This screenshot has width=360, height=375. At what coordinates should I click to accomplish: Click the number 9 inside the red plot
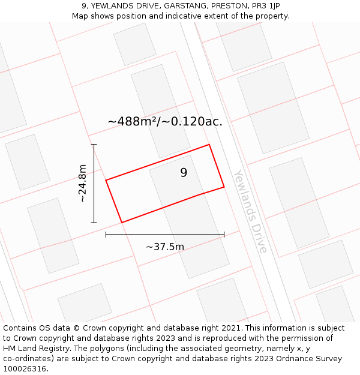(184, 173)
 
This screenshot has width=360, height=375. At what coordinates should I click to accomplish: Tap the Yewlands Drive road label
(250, 211)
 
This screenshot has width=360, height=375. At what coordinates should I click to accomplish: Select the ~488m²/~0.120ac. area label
(165, 121)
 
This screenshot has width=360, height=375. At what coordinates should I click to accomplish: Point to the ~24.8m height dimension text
(82, 183)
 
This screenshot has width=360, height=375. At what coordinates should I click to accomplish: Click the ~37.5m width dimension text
(165, 246)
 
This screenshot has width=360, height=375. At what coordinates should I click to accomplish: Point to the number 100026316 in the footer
(25, 369)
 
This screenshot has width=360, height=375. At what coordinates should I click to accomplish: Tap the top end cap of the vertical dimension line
(94, 145)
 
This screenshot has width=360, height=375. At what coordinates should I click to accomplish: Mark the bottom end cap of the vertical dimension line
(94, 223)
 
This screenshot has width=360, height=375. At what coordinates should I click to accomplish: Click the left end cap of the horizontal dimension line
(106, 235)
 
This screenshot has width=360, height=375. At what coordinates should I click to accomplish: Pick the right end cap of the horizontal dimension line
(224, 235)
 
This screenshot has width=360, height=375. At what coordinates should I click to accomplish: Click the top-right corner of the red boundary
(209, 145)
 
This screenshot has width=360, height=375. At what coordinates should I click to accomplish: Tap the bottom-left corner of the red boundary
(122, 223)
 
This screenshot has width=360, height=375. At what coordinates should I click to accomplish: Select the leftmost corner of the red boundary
(106, 180)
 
